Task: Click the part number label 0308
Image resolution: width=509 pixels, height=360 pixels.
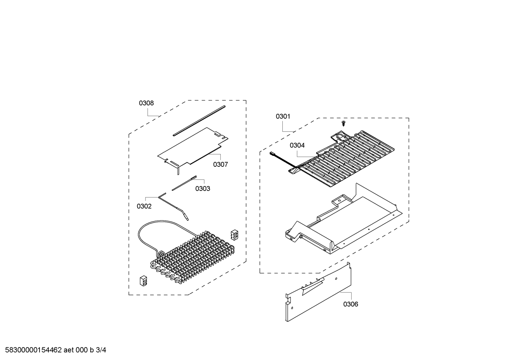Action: (x=146, y=103)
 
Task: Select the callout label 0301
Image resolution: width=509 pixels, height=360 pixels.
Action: (x=283, y=117)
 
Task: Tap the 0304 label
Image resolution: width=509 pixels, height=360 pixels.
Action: (x=297, y=145)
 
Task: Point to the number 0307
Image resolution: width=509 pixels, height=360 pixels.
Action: (x=220, y=164)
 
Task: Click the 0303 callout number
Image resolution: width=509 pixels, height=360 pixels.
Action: (x=203, y=189)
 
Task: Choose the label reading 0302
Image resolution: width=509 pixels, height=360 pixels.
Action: (x=144, y=206)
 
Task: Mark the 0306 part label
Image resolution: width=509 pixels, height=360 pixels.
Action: (x=351, y=304)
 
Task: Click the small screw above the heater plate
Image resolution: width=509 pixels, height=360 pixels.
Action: (x=343, y=124)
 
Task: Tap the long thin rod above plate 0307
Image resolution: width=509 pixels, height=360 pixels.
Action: (x=199, y=120)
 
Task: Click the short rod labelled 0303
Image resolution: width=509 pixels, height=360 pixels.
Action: (x=184, y=183)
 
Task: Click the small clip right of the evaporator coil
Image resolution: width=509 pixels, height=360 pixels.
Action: (x=234, y=235)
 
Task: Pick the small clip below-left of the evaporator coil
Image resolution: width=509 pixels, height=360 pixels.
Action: (x=143, y=281)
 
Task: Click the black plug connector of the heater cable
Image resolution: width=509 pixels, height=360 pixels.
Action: (x=272, y=154)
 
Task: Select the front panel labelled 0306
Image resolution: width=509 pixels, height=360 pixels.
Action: (x=318, y=292)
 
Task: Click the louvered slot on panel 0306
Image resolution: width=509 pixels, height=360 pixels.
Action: (x=313, y=286)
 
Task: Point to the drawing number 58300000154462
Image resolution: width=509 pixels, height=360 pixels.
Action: (x=34, y=350)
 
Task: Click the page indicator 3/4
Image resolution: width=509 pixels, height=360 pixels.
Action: (x=101, y=350)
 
